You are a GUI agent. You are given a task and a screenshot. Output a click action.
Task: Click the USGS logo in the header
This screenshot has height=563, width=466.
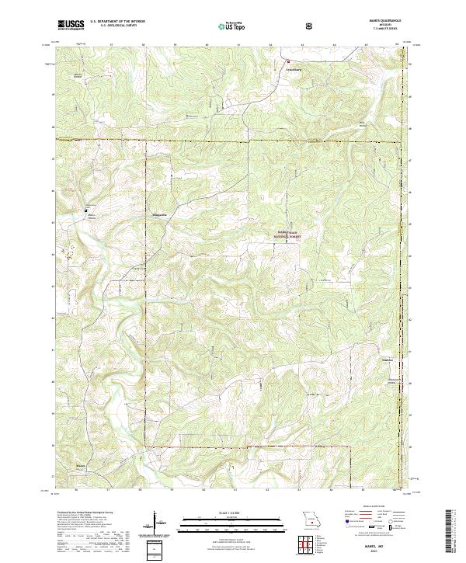70,25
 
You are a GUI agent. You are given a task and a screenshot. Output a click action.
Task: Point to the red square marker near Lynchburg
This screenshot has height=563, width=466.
289,61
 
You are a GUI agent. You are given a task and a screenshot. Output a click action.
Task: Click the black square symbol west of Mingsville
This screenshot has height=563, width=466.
87,210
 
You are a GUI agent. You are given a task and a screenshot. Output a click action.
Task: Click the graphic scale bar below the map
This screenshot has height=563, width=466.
225,518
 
